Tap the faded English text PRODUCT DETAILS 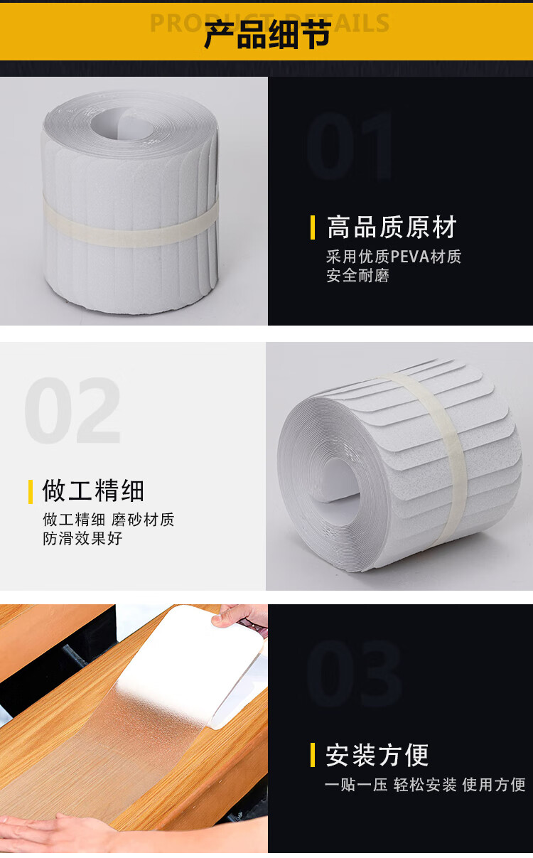coord(269,23)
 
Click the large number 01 coord(350,146)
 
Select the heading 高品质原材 coord(392,227)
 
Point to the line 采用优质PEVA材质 coord(394,257)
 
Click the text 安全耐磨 coord(357,276)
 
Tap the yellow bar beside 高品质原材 coord(313,227)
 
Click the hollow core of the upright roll coord(122,124)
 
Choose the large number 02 coord(72,410)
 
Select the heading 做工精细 coord(93,490)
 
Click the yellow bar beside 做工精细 coord(31,491)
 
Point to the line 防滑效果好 coord(82,539)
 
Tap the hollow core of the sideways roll coord(337,482)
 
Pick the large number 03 coord(354,674)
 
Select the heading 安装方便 coord(377,755)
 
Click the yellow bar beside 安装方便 coord(313,755)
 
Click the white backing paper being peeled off coord(191,663)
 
